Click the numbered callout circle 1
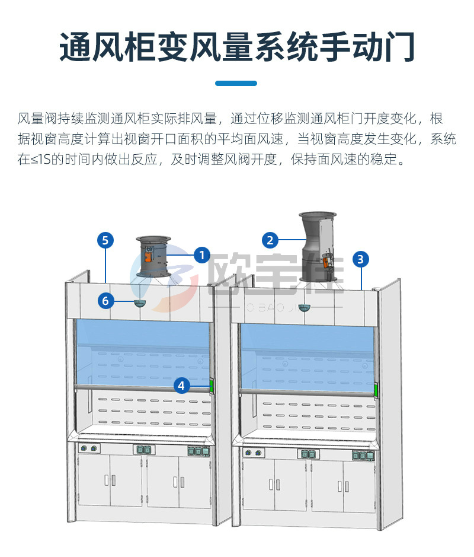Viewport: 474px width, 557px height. (201, 256)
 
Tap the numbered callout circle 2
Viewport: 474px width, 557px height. (270, 240)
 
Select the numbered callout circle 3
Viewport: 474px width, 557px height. (360, 259)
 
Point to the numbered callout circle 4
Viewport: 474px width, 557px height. (182, 386)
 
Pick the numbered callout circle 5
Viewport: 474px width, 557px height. (105, 240)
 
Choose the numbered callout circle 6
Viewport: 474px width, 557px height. (105, 301)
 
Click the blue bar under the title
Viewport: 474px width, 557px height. (236, 84)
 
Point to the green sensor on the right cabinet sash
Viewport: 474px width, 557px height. (376, 390)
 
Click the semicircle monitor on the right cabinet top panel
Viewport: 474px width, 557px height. (304, 307)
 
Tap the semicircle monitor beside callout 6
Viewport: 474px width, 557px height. (140, 304)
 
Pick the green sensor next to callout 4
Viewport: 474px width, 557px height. (210, 386)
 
